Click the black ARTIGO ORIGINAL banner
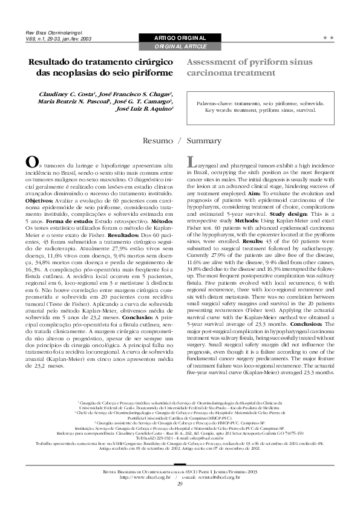click(180, 38)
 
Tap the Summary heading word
click(205, 140)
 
